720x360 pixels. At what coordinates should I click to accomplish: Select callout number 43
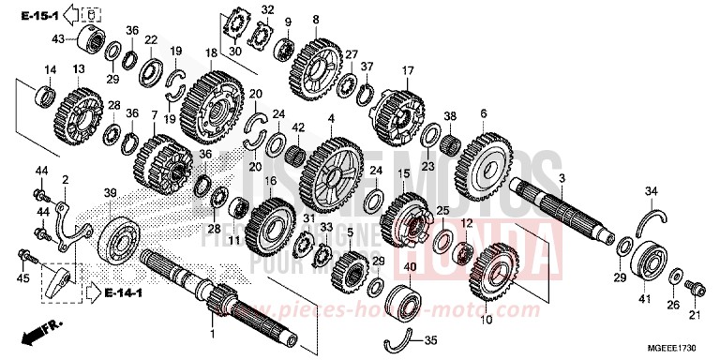[x=57, y=38]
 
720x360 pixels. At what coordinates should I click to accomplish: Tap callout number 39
[x=110, y=192]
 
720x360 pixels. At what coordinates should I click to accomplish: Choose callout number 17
[x=407, y=70]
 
